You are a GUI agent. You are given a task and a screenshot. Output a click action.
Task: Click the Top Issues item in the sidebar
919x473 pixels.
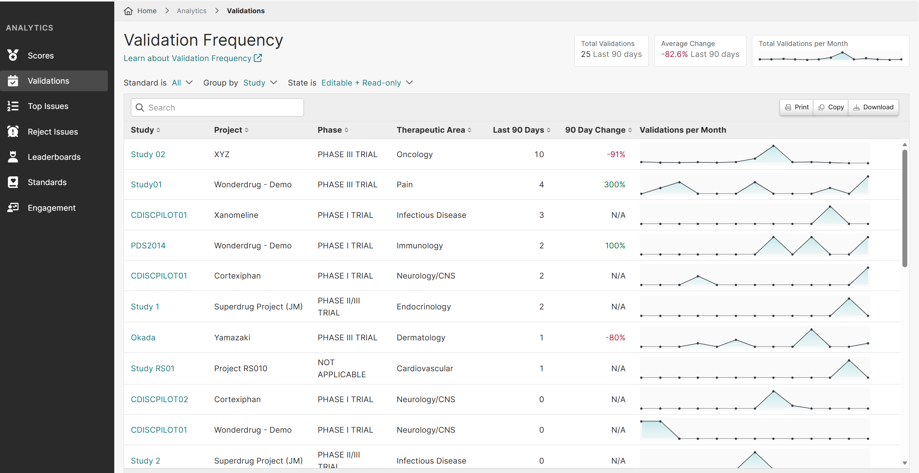(48, 106)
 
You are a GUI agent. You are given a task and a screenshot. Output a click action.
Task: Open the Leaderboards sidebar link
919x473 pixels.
(54, 157)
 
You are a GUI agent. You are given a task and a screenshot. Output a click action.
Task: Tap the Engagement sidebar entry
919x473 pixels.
(51, 208)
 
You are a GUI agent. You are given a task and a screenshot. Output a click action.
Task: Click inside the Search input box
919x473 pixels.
(222, 108)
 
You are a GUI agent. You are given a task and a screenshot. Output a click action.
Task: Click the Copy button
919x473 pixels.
(831, 107)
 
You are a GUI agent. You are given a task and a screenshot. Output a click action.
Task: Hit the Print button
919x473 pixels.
(797, 107)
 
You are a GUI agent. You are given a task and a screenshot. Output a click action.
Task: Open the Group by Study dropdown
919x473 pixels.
(260, 83)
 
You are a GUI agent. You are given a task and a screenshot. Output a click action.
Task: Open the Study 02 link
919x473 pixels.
(148, 155)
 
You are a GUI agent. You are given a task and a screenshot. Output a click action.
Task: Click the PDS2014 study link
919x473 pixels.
(148, 246)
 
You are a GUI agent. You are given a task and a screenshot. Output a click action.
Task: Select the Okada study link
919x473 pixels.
(143, 338)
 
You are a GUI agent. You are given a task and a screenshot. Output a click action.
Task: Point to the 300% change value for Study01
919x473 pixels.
(614, 185)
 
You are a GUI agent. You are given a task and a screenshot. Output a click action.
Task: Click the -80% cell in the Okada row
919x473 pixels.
(615, 338)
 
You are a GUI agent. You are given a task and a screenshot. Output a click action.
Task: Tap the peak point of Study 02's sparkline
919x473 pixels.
(773, 146)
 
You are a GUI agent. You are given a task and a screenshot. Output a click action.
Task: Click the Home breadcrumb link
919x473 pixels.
(146, 11)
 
